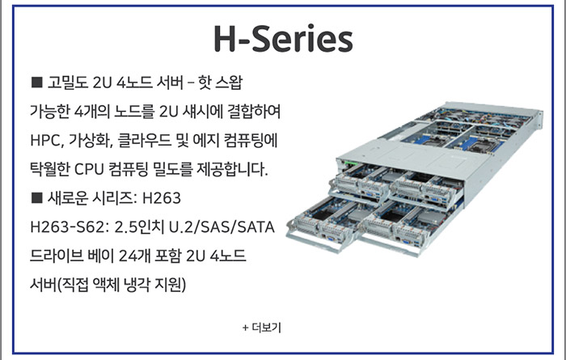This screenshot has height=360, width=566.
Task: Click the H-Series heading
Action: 283,39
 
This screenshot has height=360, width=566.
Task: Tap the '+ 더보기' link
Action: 262,328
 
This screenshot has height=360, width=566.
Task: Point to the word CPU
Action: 89,169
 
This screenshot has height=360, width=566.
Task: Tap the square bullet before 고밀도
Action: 37,83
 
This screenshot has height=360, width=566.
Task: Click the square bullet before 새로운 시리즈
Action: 37,198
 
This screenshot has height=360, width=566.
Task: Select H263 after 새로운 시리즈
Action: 162,198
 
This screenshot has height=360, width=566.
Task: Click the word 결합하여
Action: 254,112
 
